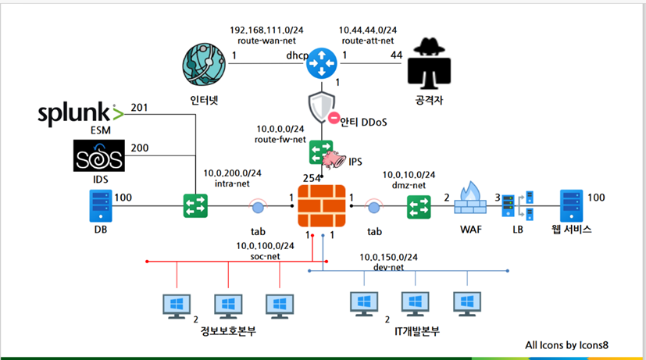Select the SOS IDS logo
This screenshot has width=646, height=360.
pos(99,155)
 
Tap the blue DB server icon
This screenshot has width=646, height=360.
pos(101,206)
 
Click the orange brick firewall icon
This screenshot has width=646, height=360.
pos(322,206)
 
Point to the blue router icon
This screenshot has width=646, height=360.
pos(322,63)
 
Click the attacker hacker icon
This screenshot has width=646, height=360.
pos(429,63)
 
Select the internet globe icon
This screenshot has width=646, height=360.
pos(204,65)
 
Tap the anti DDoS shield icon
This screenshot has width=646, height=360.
pos(322,108)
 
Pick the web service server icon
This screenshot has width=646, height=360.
pos(572,206)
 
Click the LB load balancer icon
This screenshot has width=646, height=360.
pos(518,206)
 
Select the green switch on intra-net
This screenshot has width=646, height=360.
pos(195,206)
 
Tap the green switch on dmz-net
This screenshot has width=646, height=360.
pos(419,207)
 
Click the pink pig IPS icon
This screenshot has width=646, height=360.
pos(334,160)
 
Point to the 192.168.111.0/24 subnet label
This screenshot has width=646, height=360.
pos(266,30)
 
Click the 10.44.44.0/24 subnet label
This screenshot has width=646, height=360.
pos(368,30)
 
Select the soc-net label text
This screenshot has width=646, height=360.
pos(266,256)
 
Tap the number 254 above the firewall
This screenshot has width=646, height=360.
pos(312,178)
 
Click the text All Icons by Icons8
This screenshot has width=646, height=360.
pos(566,345)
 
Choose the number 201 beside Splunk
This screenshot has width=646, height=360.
pos(139,108)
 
